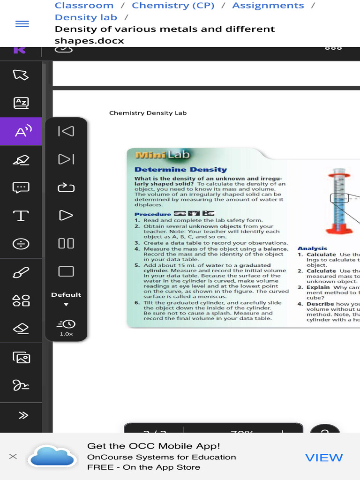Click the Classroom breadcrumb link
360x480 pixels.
click(x=84, y=6)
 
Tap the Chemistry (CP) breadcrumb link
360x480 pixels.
click(x=173, y=6)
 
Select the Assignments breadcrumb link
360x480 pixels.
click(x=268, y=6)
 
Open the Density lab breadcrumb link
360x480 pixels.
click(x=86, y=17)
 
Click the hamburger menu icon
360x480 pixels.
click(x=22, y=24)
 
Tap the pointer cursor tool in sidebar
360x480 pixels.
click(x=21, y=75)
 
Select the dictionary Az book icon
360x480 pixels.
click(x=21, y=103)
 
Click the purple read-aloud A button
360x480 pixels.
click(x=21, y=132)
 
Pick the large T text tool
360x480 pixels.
click(x=21, y=216)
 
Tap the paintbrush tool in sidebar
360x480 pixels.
click(x=21, y=272)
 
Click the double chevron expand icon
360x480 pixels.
click(x=22, y=415)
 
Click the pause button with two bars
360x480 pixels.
click(x=66, y=243)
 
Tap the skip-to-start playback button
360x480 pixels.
click(x=66, y=131)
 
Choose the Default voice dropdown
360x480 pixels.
click(x=66, y=298)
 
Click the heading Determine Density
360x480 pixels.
click(x=180, y=170)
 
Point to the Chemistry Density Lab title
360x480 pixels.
click(x=148, y=113)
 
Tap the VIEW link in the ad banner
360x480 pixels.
click(x=324, y=457)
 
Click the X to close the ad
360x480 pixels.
click(x=13, y=456)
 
